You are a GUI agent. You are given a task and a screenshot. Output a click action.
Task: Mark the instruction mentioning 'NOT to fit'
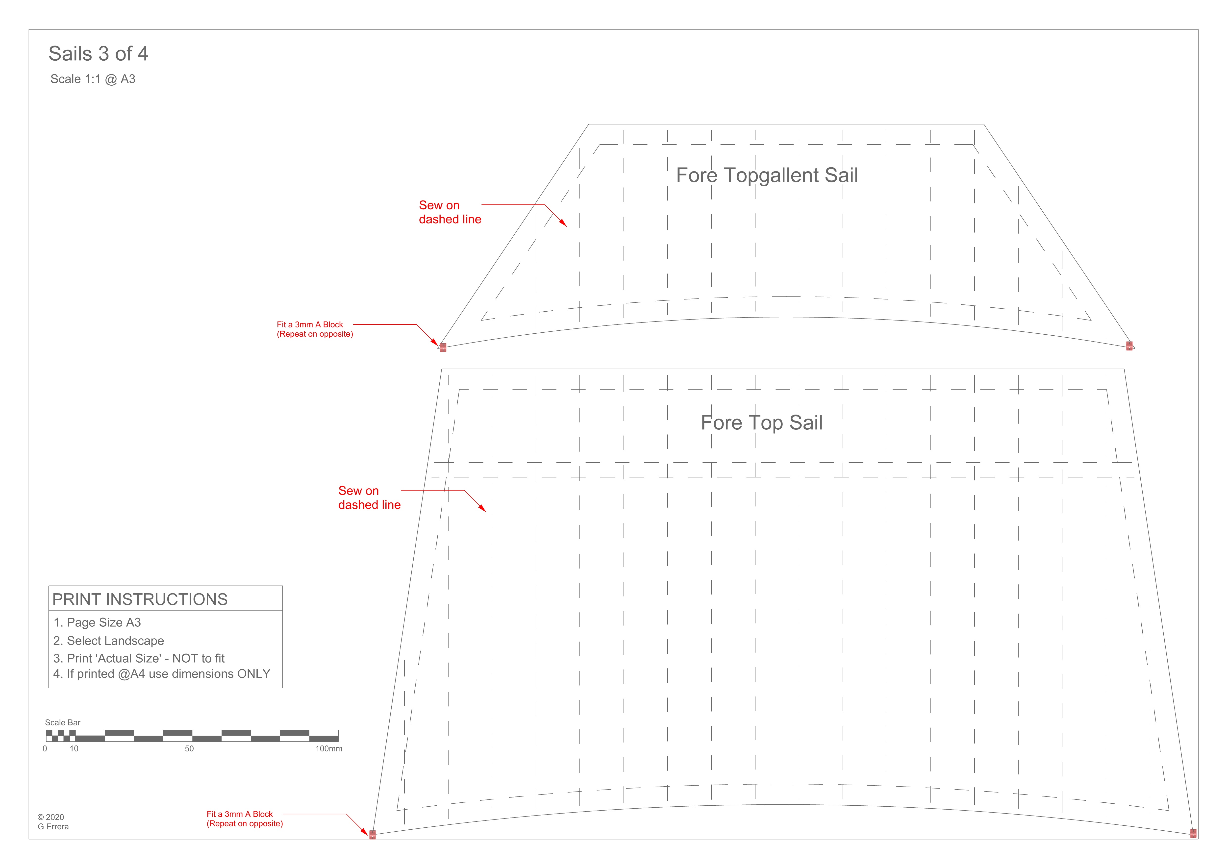(x=139, y=658)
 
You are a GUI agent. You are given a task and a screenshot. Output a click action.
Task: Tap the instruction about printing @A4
(x=162, y=674)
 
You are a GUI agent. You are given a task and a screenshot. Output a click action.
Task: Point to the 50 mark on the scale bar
(x=189, y=749)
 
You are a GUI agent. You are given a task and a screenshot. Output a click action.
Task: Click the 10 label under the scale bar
(x=74, y=749)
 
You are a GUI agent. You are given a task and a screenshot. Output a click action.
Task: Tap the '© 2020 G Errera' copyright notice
(x=53, y=822)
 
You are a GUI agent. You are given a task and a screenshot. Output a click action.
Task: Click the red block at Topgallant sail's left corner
(x=443, y=347)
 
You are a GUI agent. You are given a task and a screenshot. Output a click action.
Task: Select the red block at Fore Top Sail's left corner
(x=373, y=834)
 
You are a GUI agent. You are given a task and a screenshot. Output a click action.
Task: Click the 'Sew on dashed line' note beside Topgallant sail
(x=450, y=212)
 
